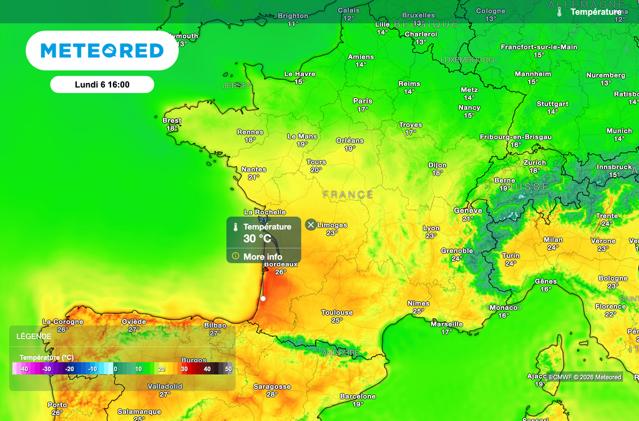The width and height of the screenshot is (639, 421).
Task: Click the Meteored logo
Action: (102, 51)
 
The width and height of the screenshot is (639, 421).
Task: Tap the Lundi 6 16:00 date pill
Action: (102, 84)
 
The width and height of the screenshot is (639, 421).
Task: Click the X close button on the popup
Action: (311, 225)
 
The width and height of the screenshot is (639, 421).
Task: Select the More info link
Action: (262, 256)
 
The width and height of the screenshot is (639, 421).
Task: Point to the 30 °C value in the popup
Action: (257, 239)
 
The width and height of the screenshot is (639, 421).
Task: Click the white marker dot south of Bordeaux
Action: (263, 299)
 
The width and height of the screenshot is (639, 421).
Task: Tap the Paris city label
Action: (363, 101)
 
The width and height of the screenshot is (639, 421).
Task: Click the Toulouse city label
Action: (337, 312)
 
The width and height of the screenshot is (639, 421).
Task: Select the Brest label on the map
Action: (172, 120)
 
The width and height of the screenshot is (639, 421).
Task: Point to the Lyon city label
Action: (431, 228)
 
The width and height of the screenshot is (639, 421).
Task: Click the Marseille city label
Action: (447, 324)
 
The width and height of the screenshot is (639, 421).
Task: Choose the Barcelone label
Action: (358, 397)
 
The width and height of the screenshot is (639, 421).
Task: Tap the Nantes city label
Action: (253, 169)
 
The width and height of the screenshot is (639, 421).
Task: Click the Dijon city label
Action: (437, 165)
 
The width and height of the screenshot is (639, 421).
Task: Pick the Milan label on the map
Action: (553, 240)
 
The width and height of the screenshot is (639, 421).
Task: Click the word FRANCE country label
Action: (348, 195)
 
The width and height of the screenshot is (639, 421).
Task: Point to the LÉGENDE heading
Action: (34, 336)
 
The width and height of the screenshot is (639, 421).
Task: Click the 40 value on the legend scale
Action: (207, 369)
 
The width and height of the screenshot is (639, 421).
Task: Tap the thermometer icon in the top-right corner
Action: (560, 12)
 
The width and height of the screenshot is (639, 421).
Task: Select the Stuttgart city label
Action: (552, 104)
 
